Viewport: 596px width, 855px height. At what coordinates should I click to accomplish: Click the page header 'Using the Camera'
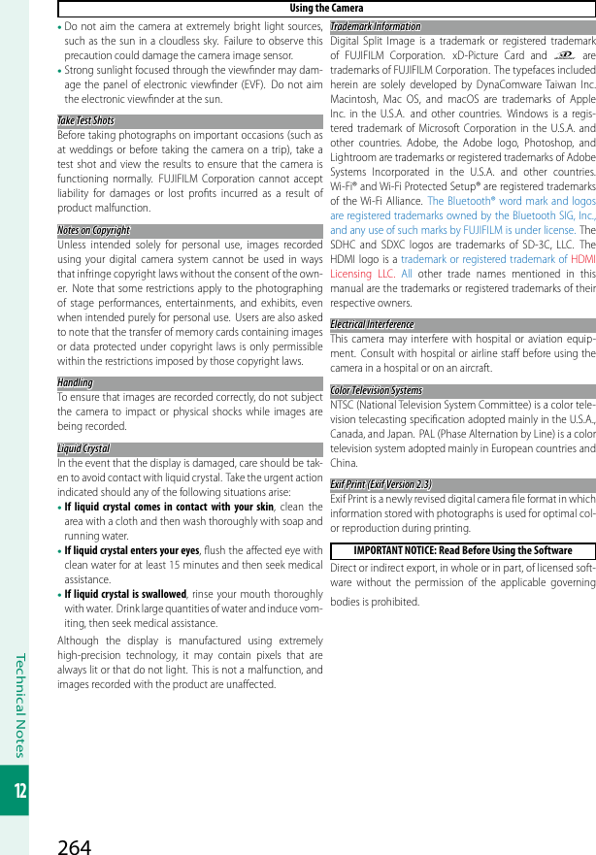[x=326, y=9]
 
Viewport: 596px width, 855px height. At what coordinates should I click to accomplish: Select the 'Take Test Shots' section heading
[x=86, y=121]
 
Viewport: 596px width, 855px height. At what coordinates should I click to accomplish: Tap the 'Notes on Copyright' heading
[x=94, y=230]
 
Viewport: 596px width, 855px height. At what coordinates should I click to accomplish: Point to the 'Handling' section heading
[x=76, y=382]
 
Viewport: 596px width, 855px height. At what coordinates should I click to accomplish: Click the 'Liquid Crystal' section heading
[x=83, y=449]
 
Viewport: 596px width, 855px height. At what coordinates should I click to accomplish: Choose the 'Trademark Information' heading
[x=376, y=26]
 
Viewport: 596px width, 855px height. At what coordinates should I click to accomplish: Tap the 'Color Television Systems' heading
[x=377, y=391]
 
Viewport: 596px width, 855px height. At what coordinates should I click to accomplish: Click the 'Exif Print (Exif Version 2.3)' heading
[x=381, y=484]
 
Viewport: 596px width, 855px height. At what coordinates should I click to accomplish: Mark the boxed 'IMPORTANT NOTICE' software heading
[x=463, y=550]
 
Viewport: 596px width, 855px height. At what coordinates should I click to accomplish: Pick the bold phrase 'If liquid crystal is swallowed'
[x=125, y=595]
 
